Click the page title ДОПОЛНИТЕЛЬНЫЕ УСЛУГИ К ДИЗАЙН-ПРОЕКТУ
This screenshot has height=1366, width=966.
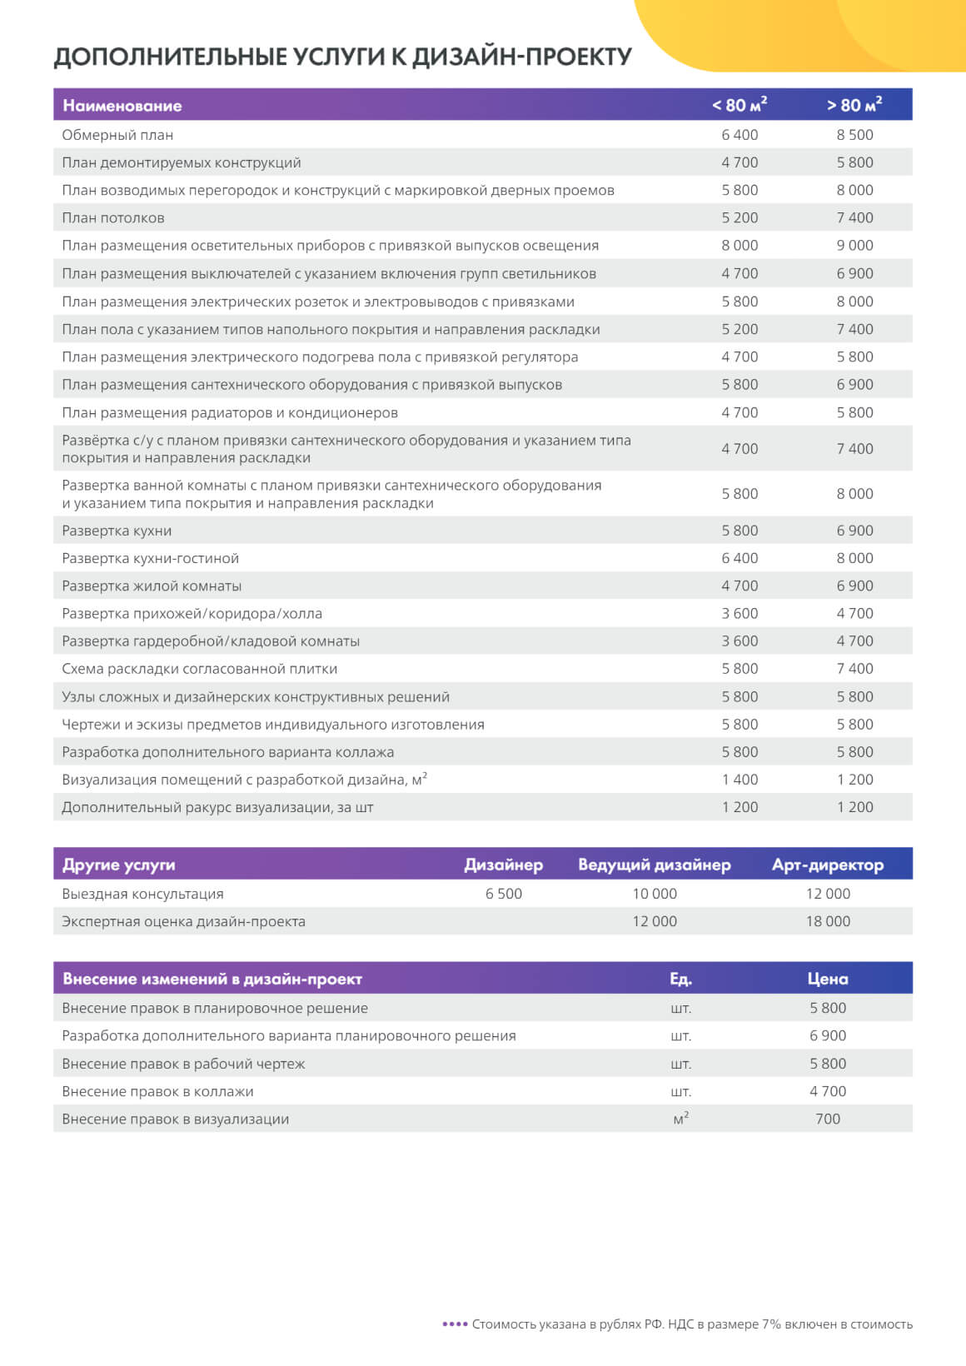click(342, 57)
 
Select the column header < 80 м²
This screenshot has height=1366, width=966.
click(739, 105)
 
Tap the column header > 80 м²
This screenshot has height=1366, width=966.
click(854, 105)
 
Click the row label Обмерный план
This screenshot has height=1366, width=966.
click(117, 135)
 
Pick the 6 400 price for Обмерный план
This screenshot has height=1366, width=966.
click(739, 135)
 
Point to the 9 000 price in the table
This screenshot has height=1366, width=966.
click(854, 246)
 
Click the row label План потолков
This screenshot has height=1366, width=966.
click(113, 218)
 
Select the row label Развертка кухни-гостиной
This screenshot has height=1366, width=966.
click(150, 558)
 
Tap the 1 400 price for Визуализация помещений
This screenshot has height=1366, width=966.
click(739, 780)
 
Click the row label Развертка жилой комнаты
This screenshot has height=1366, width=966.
click(152, 586)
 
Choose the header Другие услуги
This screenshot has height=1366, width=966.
click(119, 865)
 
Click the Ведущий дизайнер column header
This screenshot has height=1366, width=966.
click(655, 865)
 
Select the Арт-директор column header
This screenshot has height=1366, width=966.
click(828, 865)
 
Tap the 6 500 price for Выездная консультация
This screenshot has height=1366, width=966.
click(504, 894)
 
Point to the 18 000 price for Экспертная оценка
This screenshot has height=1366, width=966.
click(828, 921)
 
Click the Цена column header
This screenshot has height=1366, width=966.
click(828, 979)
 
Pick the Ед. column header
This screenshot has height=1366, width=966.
click(680, 979)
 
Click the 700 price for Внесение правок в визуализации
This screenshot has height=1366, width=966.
click(828, 1119)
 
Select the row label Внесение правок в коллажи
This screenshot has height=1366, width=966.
click(157, 1091)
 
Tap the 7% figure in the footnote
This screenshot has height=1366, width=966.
click(771, 1324)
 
